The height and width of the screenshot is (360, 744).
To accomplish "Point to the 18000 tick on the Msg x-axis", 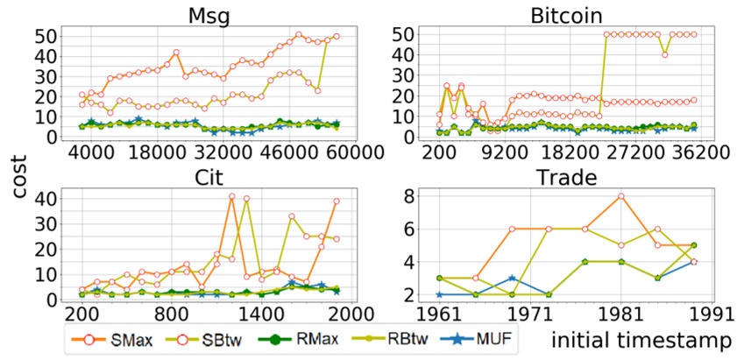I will (x=156, y=152).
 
